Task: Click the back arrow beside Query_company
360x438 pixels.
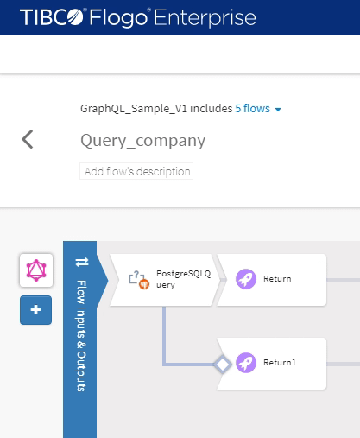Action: point(28,139)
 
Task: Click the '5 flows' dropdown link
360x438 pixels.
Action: point(252,109)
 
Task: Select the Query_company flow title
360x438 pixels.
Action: point(142,141)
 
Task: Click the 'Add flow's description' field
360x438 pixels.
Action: point(136,171)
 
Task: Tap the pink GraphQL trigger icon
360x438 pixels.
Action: point(35,270)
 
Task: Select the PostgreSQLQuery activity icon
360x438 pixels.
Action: point(139,279)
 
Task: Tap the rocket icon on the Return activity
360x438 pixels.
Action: point(246,279)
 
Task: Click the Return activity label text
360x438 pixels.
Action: point(277,279)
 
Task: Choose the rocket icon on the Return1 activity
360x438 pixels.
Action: point(246,363)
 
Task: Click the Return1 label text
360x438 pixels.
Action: point(280,363)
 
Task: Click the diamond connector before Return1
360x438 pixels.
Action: point(222,364)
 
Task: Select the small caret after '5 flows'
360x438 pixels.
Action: point(278,110)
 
